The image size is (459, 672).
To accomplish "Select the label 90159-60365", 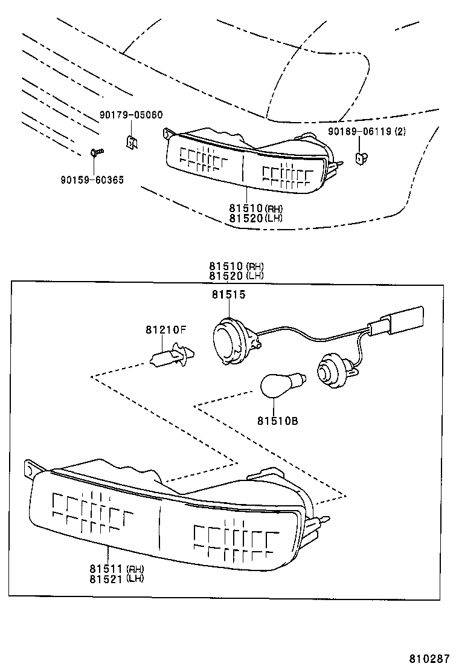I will pyautogui.click(x=92, y=179).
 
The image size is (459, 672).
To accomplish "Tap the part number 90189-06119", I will pyautogui.click(x=366, y=132).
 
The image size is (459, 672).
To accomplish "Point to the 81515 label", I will pyautogui.click(x=228, y=294).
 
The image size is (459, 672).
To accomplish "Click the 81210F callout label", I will pyautogui.click(x=165, y=330).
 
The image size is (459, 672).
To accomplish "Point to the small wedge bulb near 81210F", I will pyautogui.click(x=171, y=355).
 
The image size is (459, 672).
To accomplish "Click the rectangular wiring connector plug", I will pyautogui.click(x=401, y=321).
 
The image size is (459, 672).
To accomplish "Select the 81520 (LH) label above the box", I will pyautogui.click(x=237, y=276).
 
